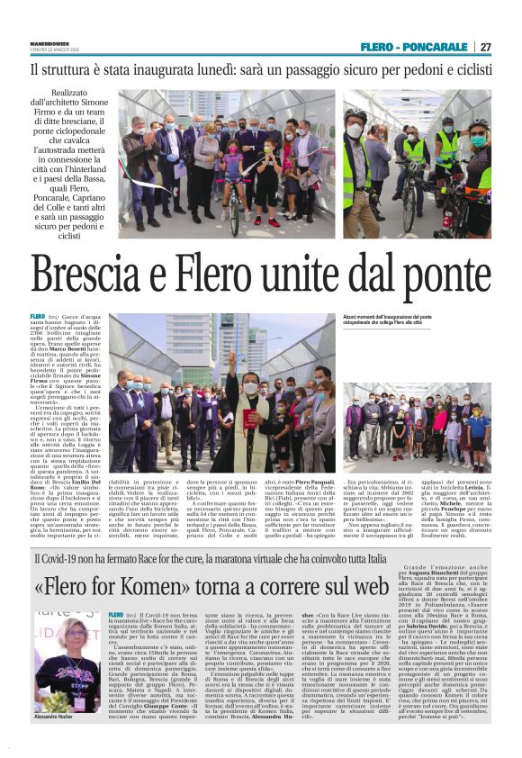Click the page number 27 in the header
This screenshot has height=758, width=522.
[485, 47]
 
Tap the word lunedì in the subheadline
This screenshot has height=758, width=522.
[234, 68]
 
